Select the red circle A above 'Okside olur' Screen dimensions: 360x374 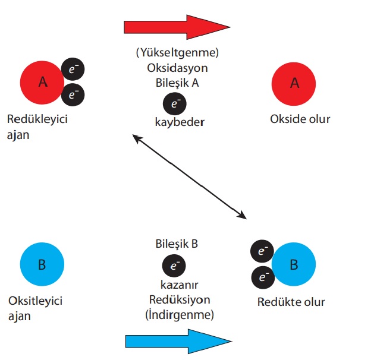(294, 83)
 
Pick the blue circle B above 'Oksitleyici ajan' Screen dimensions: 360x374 (42, 264)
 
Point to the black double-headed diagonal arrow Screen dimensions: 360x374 (189, 175)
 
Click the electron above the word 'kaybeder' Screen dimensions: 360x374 (174, 104)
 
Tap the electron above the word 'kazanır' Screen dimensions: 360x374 (174, 264)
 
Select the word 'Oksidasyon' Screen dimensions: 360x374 (177, 68)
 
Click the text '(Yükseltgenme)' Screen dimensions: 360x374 (177, 53)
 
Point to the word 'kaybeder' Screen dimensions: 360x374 (178, 122)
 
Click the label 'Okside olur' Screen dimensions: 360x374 (300, 119)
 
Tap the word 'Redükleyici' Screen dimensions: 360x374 (37, 119)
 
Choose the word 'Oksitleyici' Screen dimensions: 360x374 (36, 301)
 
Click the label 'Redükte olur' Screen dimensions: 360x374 (291, 302)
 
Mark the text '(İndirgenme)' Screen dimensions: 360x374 (179, 313)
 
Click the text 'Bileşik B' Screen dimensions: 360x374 (175, 244)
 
